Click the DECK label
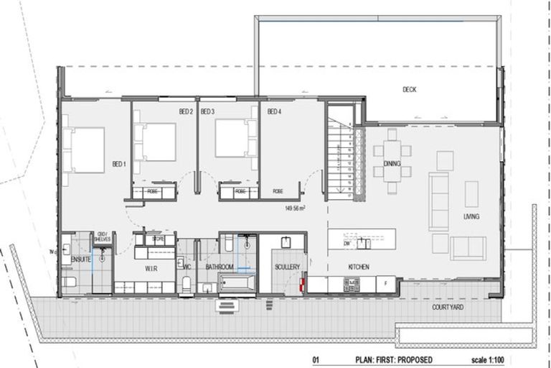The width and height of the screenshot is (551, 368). click(409, 90)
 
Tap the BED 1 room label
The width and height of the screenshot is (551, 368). click(118, 165)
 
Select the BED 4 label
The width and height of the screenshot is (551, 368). click(275, 111)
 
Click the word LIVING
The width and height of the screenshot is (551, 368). click(471, 216)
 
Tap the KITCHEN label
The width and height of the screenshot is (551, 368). click(359, 267)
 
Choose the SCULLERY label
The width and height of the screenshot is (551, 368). click(287, 267)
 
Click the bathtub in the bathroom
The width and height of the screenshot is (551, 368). click(237, 282)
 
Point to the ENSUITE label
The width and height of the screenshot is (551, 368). click(80, 259)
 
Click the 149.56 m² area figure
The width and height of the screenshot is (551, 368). click(296, 208)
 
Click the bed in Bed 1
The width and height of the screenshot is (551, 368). click(86, 149)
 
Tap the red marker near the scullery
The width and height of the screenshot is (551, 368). click(302, 285)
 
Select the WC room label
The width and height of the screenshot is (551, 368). click(187, 267)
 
